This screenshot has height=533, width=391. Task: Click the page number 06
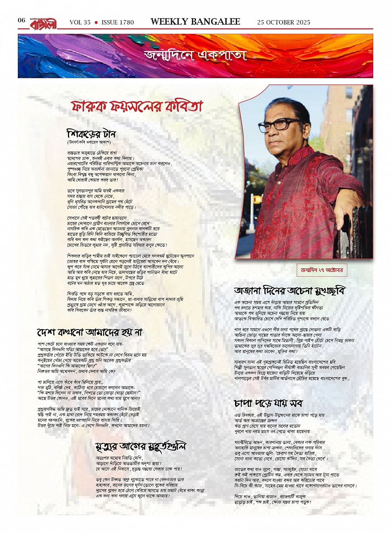point(22,21)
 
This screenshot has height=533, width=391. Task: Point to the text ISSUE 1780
point(118,22)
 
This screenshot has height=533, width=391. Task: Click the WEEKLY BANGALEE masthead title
point(195,22)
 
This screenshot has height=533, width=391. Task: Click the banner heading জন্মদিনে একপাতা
point(195,55)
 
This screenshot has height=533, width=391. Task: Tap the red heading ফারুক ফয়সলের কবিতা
point(137,107)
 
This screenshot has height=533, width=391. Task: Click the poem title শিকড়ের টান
point(91,134)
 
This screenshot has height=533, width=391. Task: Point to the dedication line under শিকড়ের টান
point(92,142)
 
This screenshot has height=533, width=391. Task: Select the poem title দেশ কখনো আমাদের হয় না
point(90,332)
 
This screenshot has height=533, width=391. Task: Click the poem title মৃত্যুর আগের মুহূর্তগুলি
point(141,447)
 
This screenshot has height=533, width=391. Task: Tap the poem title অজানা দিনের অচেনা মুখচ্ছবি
point(290,290)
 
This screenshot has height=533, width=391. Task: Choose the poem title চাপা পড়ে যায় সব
point(269,402)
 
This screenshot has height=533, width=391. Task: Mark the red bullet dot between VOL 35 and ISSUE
point(96,22)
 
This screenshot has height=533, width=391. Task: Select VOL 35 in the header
point(80,22)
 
